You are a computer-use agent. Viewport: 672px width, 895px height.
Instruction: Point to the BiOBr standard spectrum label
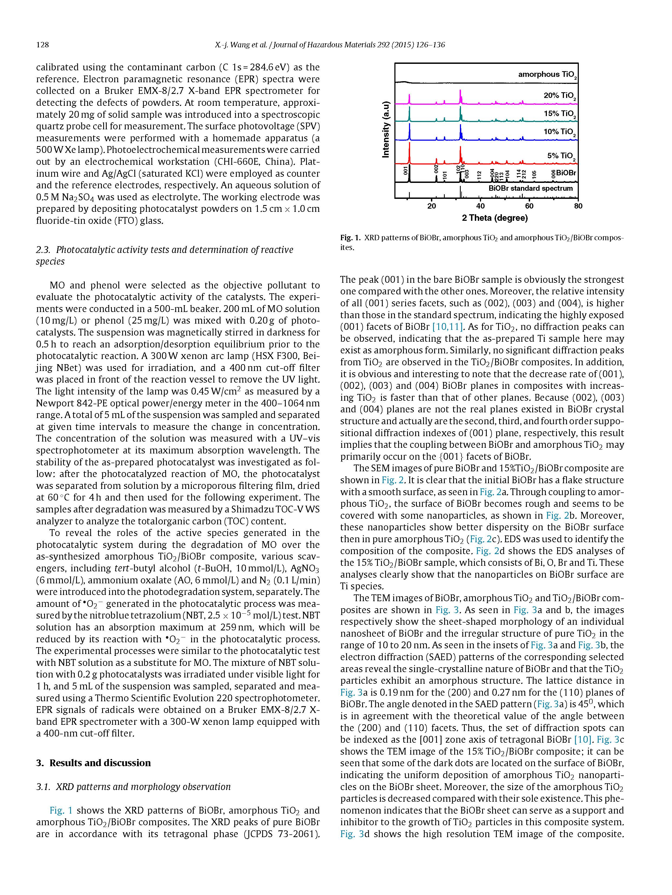pyautogui.click(x=531, y=189)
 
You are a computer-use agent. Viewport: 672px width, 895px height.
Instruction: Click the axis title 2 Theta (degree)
pyautogui.click(x=495, y=218)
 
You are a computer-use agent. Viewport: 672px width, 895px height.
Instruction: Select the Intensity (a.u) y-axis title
pyautogui.click(x=386, y=129)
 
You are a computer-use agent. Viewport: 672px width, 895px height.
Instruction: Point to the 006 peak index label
pyautogui.click(x=553, y=174)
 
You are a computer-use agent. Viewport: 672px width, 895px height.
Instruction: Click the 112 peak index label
pyautogui.click(x=479, y=175)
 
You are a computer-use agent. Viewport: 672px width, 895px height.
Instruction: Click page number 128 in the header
pyautogui.click(x=43, y=45)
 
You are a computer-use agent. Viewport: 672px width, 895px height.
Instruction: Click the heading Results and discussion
pyautogui.click(x=100, y=763)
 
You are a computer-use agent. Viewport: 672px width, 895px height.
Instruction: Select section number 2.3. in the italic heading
pyautogui.click(x=43, y=250)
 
